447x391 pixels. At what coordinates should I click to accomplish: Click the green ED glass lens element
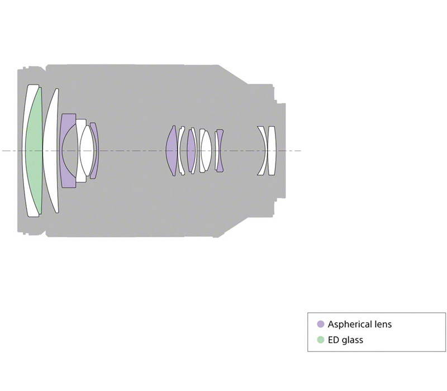pyautogui.click(x=34, y=150)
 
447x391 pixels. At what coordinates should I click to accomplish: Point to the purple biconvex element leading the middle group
pyautogui.click(x=172, y=150)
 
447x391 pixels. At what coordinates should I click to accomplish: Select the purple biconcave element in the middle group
pyautogui.click(x=219, y=150)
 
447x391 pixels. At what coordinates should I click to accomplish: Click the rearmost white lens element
pyautogui.click(x=272, y=150)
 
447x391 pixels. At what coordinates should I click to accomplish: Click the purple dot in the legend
pyautogui.click(x=321, y=324)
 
